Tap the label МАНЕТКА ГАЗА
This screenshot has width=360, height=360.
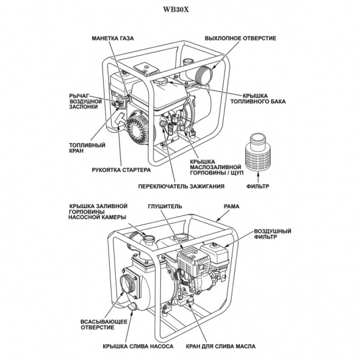pos(113,38)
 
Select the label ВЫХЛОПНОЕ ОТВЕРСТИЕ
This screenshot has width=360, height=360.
pos(240,38)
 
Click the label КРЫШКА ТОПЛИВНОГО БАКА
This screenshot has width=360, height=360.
pos(260,98)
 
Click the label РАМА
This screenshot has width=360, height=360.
pos(232,206)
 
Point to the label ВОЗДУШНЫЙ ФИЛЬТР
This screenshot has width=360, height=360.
pos(272,235)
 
